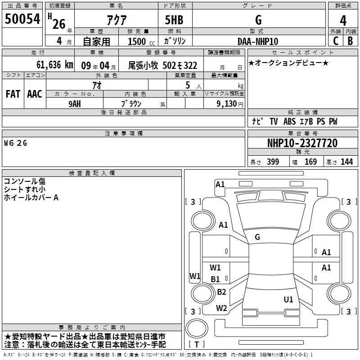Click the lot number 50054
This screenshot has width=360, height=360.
[22, 20]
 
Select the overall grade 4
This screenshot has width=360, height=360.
[343, 21]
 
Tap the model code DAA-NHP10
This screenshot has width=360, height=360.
[258, 41]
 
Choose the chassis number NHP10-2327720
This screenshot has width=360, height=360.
[302, 143]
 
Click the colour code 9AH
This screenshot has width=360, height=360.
[74, 103]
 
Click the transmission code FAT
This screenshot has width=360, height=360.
[13, 94]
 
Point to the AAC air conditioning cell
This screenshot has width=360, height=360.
[34, 94]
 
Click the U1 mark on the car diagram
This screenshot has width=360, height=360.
[288, 299]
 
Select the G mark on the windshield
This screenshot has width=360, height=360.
[257, 237]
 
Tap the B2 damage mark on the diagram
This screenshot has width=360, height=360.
[221, 292]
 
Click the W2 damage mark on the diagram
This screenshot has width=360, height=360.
[221, 308]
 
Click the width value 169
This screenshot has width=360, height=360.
[311, 162]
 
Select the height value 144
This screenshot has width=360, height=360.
[346, 162]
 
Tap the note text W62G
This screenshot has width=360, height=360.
[15, 143]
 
